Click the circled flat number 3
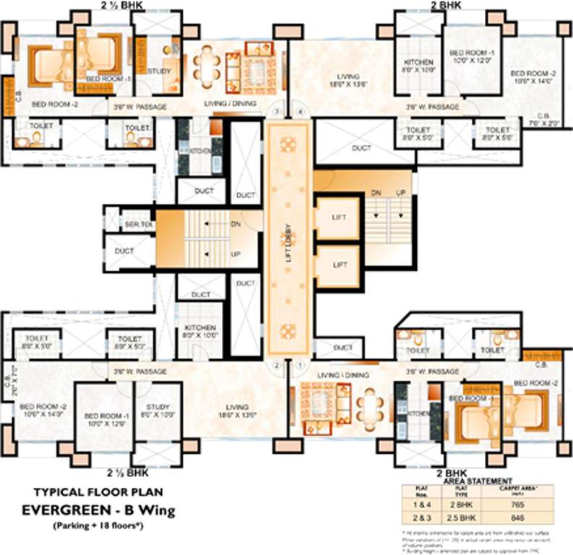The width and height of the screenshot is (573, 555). [x=275, y=112]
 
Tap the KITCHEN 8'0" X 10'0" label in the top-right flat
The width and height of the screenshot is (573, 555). [x=418, y=66]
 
